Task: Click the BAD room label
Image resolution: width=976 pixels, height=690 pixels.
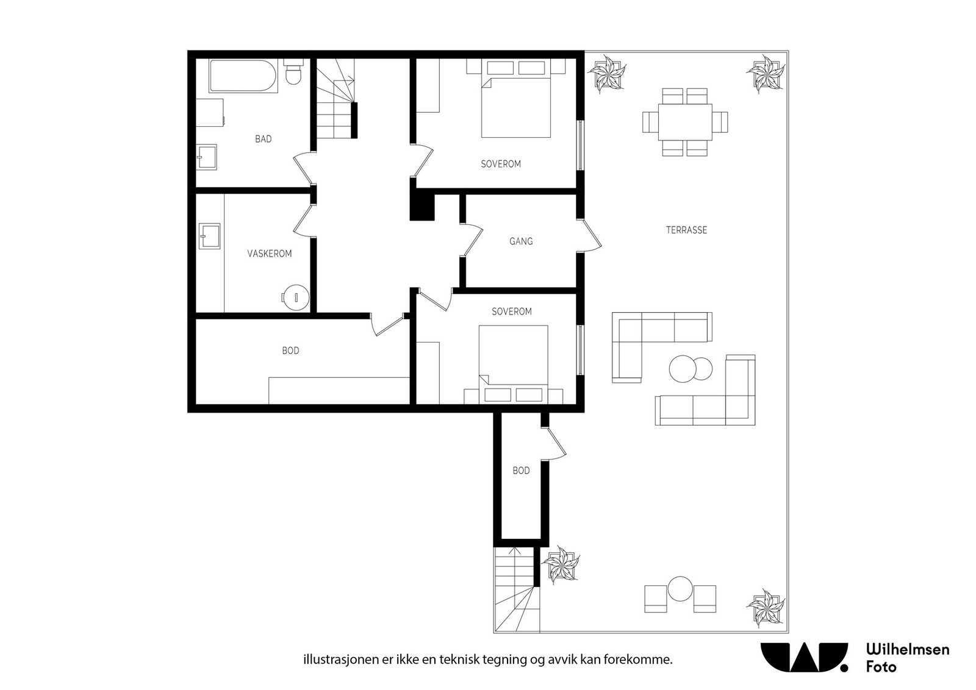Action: (x=263, y=139)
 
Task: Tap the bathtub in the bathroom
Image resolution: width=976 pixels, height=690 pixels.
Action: (x=243, y=76)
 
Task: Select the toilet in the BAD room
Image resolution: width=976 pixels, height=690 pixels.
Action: (x=293, y=72)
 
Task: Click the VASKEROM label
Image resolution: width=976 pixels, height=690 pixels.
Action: (x=269, y=254)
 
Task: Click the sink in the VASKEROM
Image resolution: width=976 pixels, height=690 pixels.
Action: (x=210, y=237)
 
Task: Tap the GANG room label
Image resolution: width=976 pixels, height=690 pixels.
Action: (x=521, y=241)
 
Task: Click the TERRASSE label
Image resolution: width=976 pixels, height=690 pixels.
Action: (x=686, y=230)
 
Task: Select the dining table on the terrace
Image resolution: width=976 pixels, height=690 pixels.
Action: (x=686, y=122)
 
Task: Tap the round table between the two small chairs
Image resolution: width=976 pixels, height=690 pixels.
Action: (x=680, y=589)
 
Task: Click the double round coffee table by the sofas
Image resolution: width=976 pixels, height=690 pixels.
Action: (x=691, y=369)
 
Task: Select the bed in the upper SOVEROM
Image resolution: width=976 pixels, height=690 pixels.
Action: (x=516, y=107)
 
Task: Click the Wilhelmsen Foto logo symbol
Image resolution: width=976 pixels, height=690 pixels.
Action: (x=804, y=657)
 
